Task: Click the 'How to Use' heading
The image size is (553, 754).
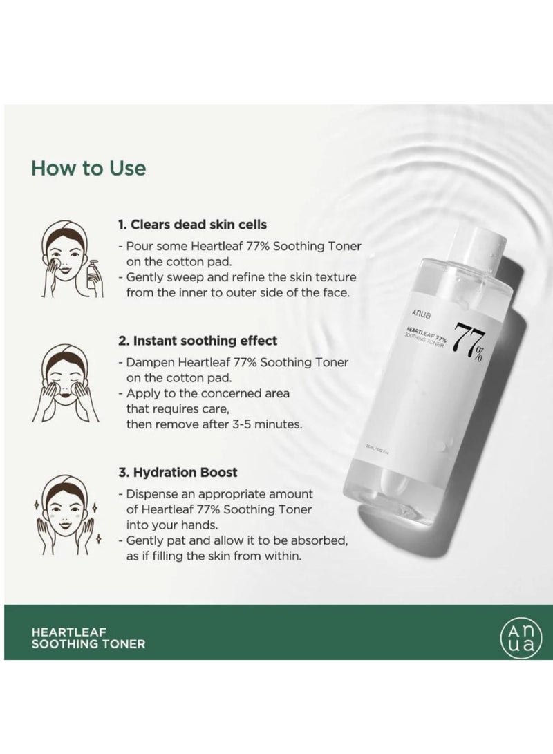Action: pyautogui.click(x=88, y=168)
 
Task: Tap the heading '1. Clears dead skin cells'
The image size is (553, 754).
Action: pyautogui.click(x=191, y=225)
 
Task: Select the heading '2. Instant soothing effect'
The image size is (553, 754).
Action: pyautogui.click(x=197, y=341)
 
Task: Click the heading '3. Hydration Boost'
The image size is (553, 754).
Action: pyautogui.click(x=177, y=473)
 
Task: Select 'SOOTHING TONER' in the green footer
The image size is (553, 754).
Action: pyautogui.click(x=88, y=643)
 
